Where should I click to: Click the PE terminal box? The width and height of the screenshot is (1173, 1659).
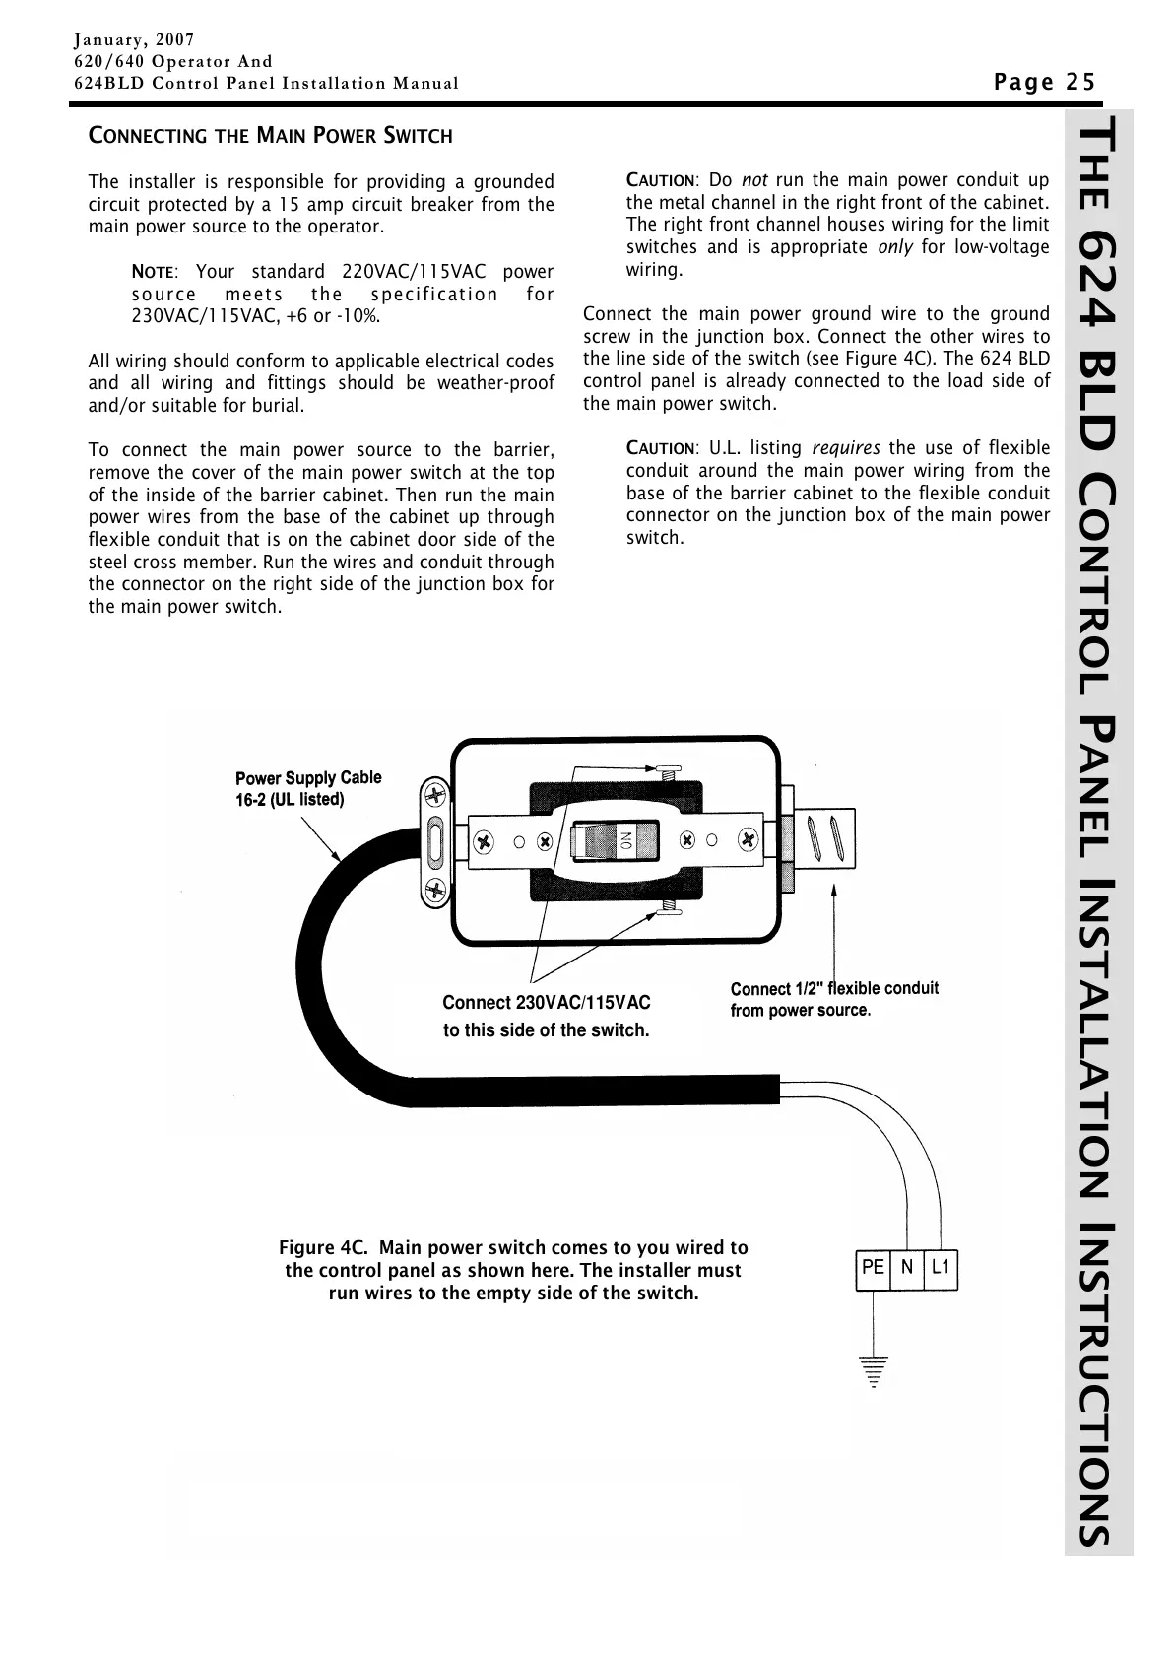(872, 1269)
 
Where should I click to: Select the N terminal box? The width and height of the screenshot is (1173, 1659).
(906, 1269)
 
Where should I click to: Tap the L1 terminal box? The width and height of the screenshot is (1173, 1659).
(941, 1269)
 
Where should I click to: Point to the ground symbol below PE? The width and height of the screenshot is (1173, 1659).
(872, 1370)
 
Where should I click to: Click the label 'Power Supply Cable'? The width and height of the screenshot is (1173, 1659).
(308, 778)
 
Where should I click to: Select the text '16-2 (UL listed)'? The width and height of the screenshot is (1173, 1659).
(290, 800)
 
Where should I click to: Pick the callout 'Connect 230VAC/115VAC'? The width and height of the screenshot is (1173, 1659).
(547, 1003)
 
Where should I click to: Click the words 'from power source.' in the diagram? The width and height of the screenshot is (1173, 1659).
(800, 1011)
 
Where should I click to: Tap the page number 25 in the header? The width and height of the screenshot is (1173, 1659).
(1080, 82)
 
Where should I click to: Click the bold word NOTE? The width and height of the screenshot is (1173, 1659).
(153, 272)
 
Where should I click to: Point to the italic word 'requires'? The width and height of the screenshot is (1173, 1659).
(846, 449)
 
